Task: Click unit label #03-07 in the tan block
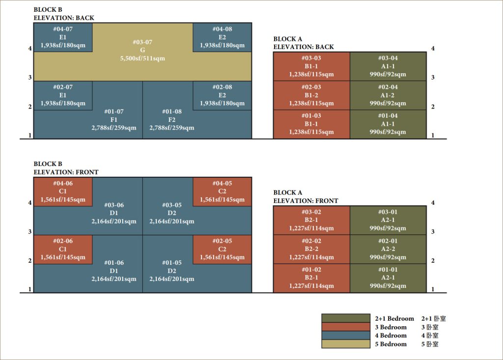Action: point(142,42)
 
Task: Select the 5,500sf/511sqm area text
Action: point(142,58)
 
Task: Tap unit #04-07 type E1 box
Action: point(63,37)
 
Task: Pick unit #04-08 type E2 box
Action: point(222,37)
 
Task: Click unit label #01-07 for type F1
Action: point(113,111)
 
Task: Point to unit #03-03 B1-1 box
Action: point(311,66)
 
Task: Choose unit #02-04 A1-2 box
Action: point(388,95)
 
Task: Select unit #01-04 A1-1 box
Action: point(388,124)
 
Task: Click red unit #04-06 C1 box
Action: point(63,192)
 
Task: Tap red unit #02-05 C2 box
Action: point(222,249)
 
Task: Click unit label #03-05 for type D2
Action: point(172,205)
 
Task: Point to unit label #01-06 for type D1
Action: point(113,263)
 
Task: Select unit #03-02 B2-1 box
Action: point(311,220)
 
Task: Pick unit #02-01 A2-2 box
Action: point(388,249)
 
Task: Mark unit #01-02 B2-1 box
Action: point(311,278)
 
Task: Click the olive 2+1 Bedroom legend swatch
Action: point(345,318)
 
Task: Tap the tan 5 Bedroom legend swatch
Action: point(345,344)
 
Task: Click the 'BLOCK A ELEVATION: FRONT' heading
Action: point(306,197)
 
